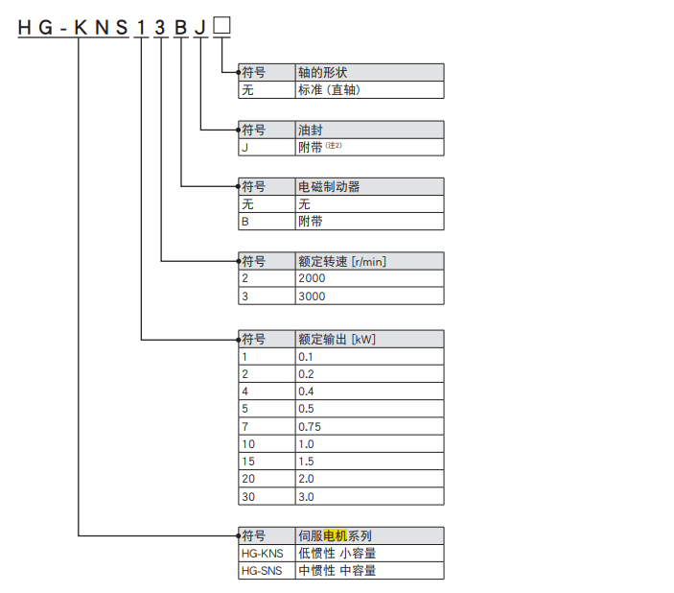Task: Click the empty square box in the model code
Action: (221, 28)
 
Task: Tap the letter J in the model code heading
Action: (200, 29)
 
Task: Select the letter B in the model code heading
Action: (180, 29)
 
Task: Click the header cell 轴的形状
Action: (325, 73)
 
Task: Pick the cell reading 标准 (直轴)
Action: (331, 90)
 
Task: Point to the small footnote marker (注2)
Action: (334, 145)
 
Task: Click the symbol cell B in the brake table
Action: (245, 221)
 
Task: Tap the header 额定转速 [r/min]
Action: (342, 261)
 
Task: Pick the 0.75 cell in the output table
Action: (310, 426)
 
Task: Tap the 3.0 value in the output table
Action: (307, 497)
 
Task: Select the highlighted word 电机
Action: (336, 535)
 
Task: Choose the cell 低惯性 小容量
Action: (337, 554)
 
